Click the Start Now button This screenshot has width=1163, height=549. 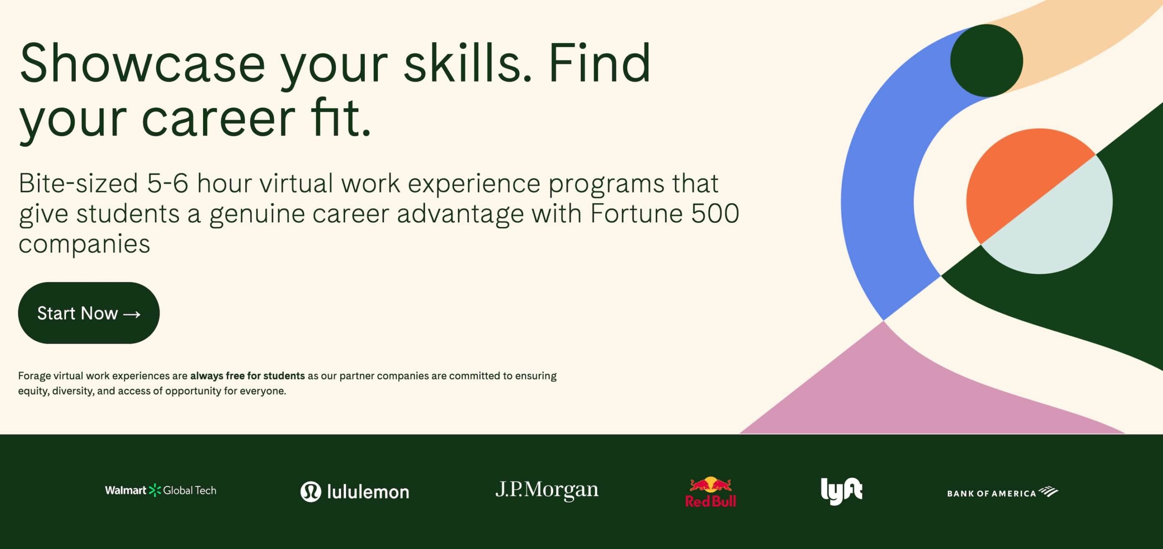click(x=89, y=313)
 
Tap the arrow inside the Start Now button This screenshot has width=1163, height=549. click(x=132, y=314)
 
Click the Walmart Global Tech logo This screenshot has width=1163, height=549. click(x=160, y=490)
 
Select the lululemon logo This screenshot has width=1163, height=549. click(x=355, y=492)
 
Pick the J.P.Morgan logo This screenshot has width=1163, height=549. click(x=547, y=490)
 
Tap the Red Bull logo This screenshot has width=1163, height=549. click(x=711, y=492)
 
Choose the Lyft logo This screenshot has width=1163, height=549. click(x=841, y=491)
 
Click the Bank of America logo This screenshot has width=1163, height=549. click(x=1002, y=493)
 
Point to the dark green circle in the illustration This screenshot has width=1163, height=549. click(x=986, y=60)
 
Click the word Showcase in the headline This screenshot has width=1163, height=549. click(x=142, y=64)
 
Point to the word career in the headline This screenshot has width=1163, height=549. click(x=219, y=119)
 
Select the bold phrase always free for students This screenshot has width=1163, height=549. click(x=247, y=376)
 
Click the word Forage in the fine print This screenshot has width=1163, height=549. click(x=34, y=376)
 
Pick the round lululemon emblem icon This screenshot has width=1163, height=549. click(x=311, y=492)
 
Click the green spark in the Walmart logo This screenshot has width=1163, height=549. click(x=155, y=490)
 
